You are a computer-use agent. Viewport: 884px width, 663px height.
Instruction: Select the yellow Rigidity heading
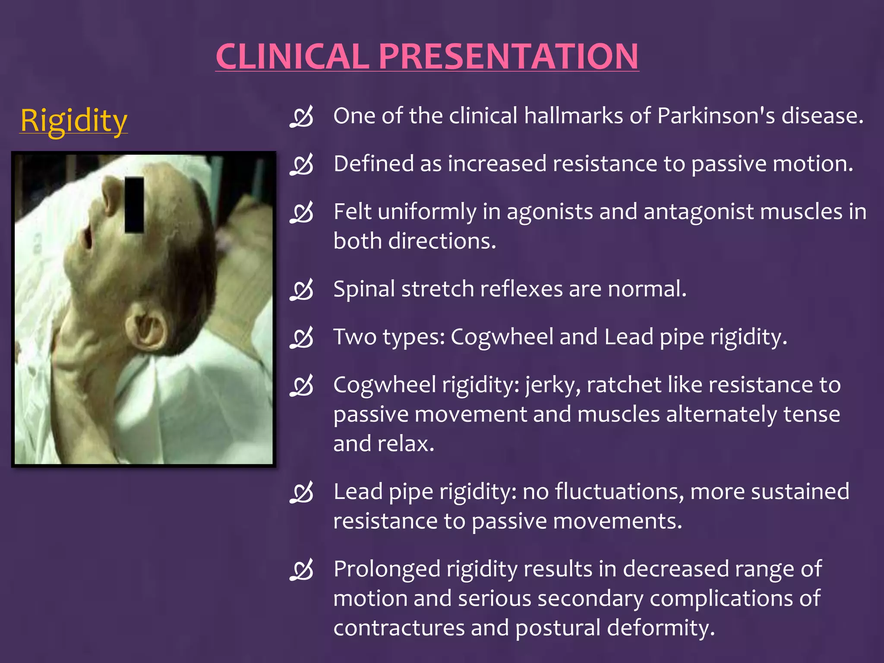pos(74,120)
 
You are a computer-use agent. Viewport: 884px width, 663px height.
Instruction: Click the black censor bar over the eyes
pos(134,205)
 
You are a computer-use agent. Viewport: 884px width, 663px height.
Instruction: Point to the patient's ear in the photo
pos(147,326)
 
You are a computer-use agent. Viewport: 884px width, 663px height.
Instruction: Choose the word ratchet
pos(624,385)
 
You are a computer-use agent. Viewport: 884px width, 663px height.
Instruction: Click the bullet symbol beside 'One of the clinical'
pos(301,117)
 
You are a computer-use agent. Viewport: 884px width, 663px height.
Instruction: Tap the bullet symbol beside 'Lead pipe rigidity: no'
pos(301,493)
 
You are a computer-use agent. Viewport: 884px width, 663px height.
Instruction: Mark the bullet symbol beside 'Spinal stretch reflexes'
pos(301,290)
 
